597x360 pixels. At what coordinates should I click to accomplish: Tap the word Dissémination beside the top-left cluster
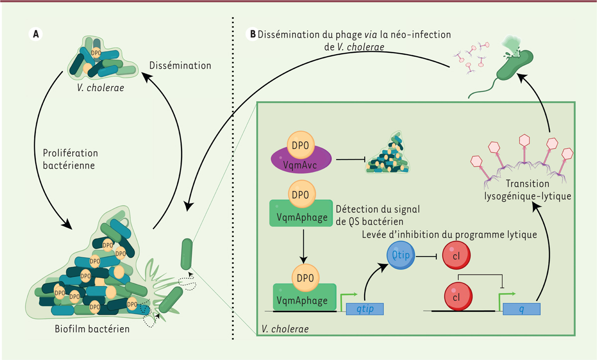pyautogui.click(x=181, y=66)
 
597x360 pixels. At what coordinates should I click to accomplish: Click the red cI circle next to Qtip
pyautogui.click(x=456, y=259)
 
